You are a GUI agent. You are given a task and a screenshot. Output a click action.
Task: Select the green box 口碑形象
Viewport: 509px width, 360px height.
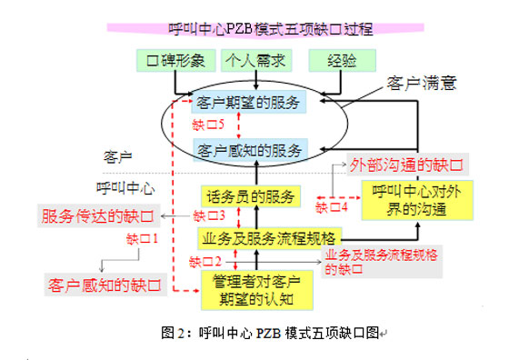pyautogui.click(x=179, y=61)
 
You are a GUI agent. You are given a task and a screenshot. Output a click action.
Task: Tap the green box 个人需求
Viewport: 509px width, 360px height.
pyautogui.click(x=256, y=61)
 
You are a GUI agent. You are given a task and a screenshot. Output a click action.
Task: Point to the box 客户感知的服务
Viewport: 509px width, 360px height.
pyautogui.click(x=250, y=148)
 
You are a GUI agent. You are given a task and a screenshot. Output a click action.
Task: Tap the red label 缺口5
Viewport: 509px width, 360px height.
pyautogui.click(x=208, y=124)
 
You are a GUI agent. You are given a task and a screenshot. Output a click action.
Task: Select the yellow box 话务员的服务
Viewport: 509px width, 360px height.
pyautogui.click(x=249, y=196)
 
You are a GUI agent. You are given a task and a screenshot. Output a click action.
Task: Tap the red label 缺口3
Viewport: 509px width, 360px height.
pyautogui.click(x=209, y=215)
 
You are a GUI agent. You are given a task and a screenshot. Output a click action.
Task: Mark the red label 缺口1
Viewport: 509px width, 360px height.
pyautogui.click(x=143, y=239)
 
